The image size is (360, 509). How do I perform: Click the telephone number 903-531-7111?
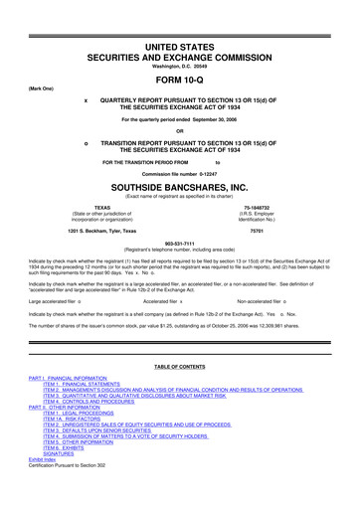(x=180, y=244)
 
